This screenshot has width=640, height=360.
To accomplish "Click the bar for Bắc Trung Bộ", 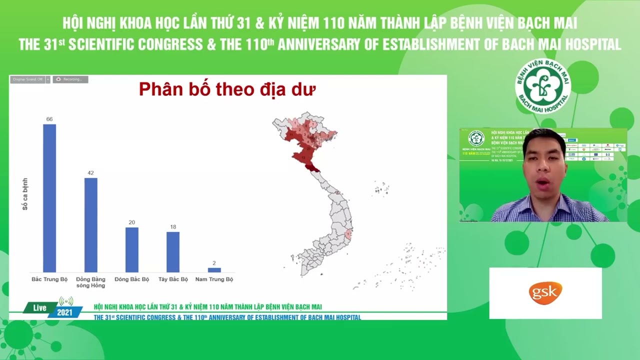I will point(49,198).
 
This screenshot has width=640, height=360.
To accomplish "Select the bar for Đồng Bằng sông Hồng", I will point(90,225).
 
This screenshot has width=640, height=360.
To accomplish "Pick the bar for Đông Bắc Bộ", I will point(132,249).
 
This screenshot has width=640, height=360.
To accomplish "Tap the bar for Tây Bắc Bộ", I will point(173,252).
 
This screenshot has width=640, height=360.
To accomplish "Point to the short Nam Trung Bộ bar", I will point(214,270).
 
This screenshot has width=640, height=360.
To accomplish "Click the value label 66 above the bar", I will point(49,119).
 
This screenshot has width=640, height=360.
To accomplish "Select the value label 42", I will point(90,173).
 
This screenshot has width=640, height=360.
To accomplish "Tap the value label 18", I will point(173,227).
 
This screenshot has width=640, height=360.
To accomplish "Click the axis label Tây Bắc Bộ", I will point(173,279).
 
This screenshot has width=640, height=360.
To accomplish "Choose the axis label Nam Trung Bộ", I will point(214,279).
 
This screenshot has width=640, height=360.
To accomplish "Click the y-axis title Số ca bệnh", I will point(25,193).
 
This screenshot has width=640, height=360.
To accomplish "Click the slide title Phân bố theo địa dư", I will point(227,89).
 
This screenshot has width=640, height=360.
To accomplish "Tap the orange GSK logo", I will point(545,293).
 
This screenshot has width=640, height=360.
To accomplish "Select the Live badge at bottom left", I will point(39,308).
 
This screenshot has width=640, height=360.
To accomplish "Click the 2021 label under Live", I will point(64,313).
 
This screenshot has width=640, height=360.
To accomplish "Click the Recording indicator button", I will point(70,79).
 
